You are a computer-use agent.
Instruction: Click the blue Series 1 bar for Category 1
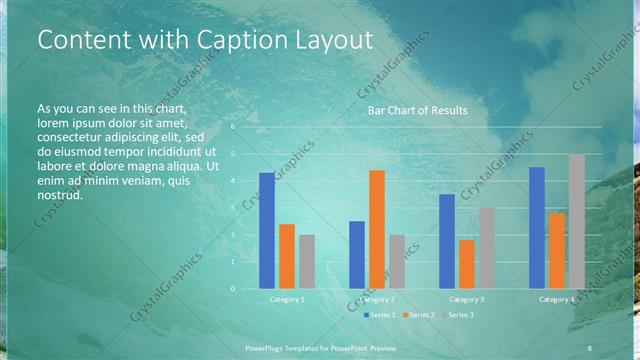[x=267, y=230]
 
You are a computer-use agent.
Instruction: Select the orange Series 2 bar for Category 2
[x=376, y=229]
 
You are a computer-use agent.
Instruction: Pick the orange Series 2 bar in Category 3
[x=467, y=264]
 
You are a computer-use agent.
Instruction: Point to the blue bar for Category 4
[x=537, y=227]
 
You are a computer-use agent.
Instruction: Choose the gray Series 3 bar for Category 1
[x=307, y=261]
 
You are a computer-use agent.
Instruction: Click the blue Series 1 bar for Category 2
[x=357, y=254]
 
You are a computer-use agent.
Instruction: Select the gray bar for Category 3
[x=487, y=248]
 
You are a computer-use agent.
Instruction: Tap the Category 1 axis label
[x=287, y=299]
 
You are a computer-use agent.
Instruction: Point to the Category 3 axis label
[x=467, y=299]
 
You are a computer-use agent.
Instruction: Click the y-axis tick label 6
[x=234, y=127]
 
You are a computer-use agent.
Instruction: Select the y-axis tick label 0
[x=234, y=288]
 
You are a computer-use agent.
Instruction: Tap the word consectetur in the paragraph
[x=70, y=136]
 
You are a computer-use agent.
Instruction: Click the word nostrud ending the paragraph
[x=60, y=195]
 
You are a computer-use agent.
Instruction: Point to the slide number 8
[x=589, y=347]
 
